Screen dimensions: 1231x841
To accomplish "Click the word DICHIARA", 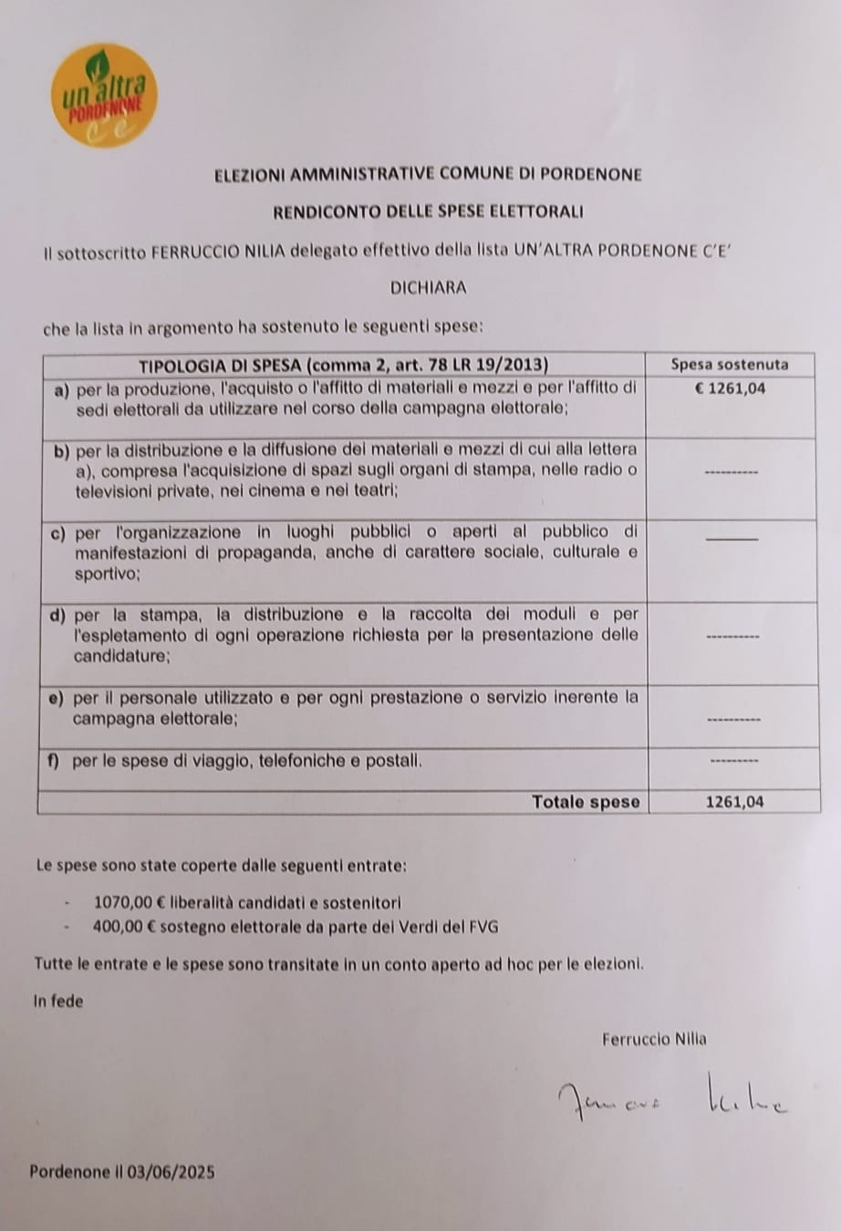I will click(x=428, y=287).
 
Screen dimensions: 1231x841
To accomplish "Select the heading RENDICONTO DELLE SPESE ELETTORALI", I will click(x=428, y=212).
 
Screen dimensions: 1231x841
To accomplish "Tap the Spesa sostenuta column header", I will click(x=729, y=365).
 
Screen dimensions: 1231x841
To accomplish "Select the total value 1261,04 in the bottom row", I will click(x=734, y=802).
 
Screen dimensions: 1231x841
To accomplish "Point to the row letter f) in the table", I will click(x=55, y=760).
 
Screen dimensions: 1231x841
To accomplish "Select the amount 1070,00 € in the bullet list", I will click(x=128, y=903).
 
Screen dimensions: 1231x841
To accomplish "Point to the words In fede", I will click(x=58, y=1000).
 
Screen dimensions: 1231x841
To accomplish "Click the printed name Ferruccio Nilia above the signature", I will click(x=654, y=1038).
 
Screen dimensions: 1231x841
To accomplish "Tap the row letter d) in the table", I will click(x=59, y=615).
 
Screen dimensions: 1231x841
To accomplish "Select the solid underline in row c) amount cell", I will click(x=732, y=540).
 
